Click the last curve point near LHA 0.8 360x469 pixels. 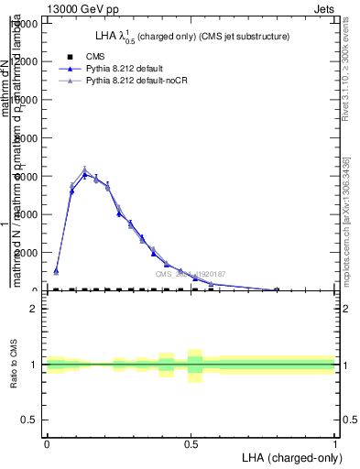click(278, 289)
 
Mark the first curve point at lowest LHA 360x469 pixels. click(56, 271)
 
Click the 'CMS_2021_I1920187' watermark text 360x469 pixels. click(190, 274)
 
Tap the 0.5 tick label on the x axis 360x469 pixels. click(191, 443)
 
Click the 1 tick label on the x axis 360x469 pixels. click(334, 443)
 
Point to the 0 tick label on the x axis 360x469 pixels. click(47, 443)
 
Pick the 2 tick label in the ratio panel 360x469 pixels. click(34, 310)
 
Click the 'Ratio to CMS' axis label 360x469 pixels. click(14, 364)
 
